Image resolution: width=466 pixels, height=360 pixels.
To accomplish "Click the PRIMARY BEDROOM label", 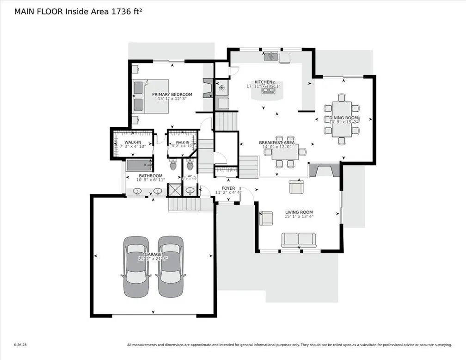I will [172, 94].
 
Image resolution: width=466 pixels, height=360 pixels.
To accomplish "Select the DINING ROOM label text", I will [344, 118].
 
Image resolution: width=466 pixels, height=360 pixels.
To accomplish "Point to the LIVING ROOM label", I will [299, 212].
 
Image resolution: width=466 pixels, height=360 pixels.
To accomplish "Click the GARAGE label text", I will [153, 254].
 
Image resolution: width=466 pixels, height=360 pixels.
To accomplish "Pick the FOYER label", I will [228, 188].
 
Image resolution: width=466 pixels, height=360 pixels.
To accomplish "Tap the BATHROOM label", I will [151, 176].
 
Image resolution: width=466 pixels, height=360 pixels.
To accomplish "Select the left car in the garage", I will [136, 266].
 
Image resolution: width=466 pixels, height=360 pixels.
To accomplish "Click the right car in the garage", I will [171, 266].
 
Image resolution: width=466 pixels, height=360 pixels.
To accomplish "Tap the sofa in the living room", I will [299, 240].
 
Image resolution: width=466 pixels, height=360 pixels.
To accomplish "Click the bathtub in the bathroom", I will [139, 165].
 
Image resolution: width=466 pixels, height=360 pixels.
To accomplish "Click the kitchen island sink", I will [266, 91].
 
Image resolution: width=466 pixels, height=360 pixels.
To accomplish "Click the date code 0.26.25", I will [21, 344].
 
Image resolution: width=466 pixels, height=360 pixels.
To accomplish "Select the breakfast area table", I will [284, 151].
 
